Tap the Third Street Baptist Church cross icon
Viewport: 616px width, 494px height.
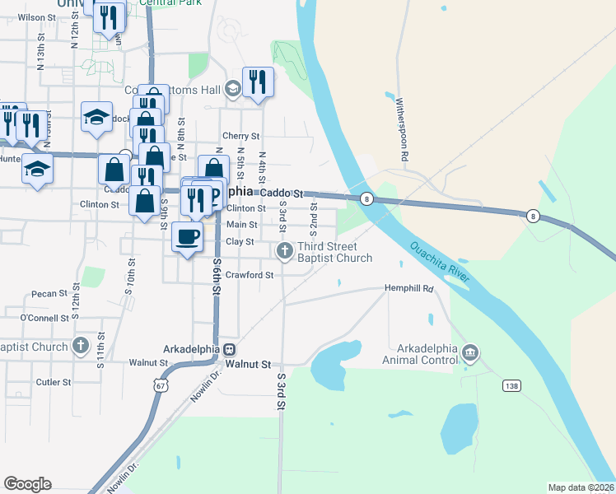[x=284, y=250]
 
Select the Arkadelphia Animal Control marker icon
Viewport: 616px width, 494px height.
[x=469, y=353]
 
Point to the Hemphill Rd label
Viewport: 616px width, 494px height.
[x=409, y=289]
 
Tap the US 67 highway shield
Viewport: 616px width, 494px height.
[x=157, y=384]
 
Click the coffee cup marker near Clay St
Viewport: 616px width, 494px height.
[x=187, y=237]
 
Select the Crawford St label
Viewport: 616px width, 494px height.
[x=250, y=275]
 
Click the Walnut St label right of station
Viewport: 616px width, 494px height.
[x=248, y=363]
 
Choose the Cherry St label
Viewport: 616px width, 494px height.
[x=241, y=136]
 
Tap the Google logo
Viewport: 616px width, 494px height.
[x=28, y=484]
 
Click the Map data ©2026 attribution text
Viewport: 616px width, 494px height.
[x=580, y=487]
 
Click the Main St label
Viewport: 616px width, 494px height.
[x=242, y=225]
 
